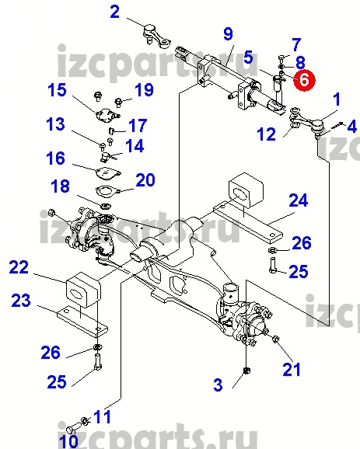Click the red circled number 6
click(304, 79)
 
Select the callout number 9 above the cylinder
click(228, 34)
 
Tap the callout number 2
click(115, 12)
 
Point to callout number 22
click(19, 267)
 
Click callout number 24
click(299, 200)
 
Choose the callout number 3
click(218, 385)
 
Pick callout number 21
click(292, 370)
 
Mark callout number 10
click(69, 441)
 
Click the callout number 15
click(57, 89)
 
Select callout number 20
click(145, 179)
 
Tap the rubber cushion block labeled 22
click(84, 290)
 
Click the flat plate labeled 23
click(82, 322)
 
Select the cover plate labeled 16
click(107, 174)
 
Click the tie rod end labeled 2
click(157, 37)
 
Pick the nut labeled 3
click(246, 371)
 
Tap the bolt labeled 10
click(70, 430)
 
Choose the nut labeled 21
click(275, 339)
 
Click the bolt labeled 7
click(281, 60)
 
